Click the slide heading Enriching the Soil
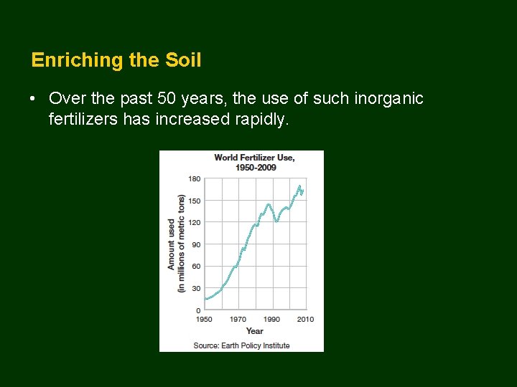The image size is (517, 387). tap(116, 60)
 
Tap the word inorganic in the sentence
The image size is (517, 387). tap(388, 98)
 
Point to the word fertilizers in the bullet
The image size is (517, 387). tap(83, 119)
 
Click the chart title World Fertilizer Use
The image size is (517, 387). tap(254, 158)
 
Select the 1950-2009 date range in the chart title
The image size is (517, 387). tap(256, 167)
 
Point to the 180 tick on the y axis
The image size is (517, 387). tap(195, 178)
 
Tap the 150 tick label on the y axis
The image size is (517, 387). tap(195, 201)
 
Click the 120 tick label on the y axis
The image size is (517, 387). tap(195, 222)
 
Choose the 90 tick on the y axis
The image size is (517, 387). tap(197, 244)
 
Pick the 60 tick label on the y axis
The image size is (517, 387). tap(197, 266)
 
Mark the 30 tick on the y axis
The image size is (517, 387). tap(197, 288)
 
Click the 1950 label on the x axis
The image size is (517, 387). tap(205, 319)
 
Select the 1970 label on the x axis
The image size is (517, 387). tap(238, 319)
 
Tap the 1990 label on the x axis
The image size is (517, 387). tap(271, 319)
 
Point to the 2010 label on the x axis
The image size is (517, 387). tap(305, 319)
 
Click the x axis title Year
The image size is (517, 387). tap(254, 330)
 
